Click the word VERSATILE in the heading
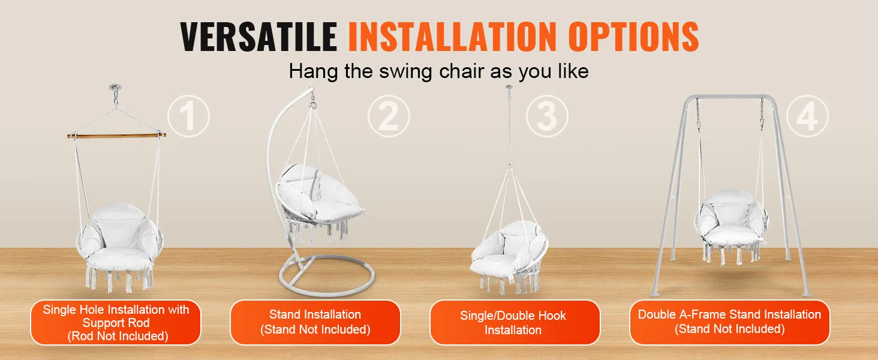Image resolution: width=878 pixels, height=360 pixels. (258, 37)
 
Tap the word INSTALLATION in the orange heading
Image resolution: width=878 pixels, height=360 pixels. (452, 37)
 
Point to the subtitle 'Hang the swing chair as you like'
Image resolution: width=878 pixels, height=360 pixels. (438, 71)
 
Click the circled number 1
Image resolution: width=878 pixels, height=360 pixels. (188, 116)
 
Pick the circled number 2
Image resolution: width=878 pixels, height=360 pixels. (389, 116)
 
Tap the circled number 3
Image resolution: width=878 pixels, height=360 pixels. (547, 116)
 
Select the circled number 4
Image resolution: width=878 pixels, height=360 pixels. (807, 116)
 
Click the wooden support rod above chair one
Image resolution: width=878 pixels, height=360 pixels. (116, 136)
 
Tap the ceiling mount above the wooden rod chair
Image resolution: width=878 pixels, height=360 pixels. (116, 87)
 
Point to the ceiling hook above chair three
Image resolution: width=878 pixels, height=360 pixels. (509, 88)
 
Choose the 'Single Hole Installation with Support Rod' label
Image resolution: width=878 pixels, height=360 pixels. (116, 323)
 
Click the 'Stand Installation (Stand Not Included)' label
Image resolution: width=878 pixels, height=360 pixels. (315, 322)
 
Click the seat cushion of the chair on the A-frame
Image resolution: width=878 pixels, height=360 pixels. (730, 236)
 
